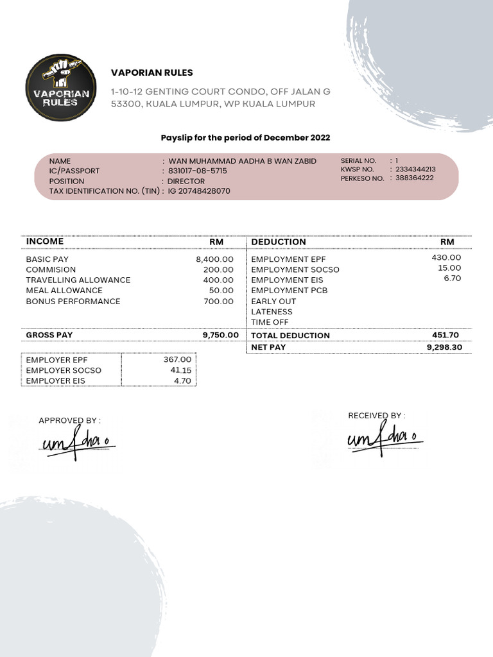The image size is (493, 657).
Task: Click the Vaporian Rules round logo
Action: [61, 87]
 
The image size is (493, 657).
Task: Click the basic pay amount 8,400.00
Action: [214, 259]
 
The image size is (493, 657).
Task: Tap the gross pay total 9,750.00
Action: [220, 335]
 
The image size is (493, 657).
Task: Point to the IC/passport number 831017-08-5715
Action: [198, 171]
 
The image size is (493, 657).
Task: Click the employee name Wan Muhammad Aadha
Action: [242, 161]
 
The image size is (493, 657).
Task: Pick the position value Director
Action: [186, 181]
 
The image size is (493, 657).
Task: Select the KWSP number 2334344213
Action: [415, 169]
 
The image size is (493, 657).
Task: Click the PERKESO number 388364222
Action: [415, 178]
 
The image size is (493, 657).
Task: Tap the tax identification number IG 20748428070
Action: [199, 191]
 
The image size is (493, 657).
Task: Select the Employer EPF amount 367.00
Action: [177, 360]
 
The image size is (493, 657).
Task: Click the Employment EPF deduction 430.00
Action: [446, 257]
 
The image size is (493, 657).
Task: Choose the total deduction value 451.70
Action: [445, 335]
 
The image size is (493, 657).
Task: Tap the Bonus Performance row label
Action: [73, 302]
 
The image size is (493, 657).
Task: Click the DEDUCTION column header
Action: [279, 242]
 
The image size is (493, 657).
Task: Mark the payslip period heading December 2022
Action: [245, 138]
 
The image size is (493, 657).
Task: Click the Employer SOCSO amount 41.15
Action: [181, 370]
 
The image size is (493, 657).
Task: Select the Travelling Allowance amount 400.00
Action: [218, 280]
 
